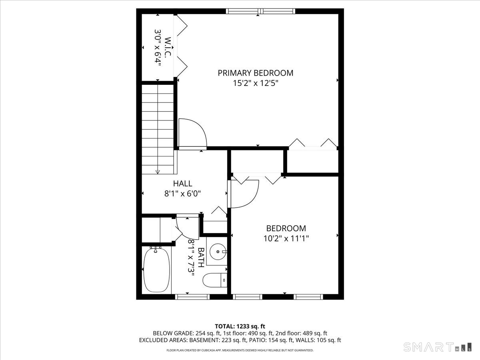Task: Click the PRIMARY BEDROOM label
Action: (255, 73)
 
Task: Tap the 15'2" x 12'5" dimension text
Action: (255, 84)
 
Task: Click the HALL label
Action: (182, 184)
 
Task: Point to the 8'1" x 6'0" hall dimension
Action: (182, 194)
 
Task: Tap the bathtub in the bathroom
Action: (156, 270)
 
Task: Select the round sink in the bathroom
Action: (218, 252)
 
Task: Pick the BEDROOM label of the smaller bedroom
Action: (286, 228)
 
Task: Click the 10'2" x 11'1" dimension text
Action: (286, 238)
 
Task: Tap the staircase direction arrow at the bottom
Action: (158, 171)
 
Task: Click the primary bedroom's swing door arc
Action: (193, 133)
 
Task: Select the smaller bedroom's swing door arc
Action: (245, 194)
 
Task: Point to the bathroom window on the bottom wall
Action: (193, 296)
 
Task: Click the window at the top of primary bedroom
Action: (261, 11)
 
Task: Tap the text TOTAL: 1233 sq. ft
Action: (240, 326)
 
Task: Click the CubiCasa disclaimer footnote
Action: (240, 350)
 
